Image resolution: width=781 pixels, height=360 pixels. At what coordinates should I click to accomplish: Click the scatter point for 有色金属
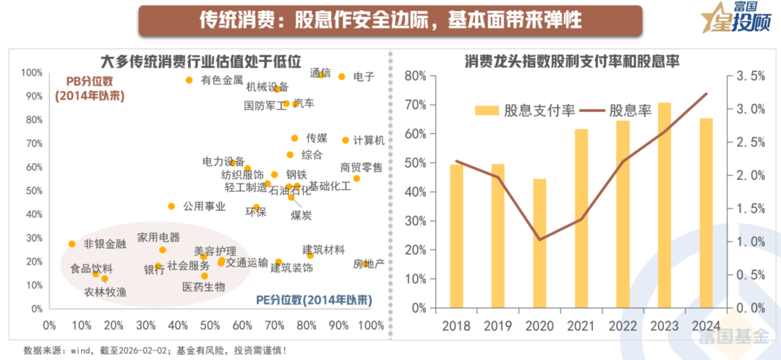point(189,80)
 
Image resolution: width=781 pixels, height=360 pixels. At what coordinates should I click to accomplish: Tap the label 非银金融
point(105,244)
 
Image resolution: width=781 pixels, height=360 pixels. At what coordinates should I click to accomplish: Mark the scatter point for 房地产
point(365,264)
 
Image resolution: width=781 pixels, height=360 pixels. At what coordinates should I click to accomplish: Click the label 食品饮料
point(92,269)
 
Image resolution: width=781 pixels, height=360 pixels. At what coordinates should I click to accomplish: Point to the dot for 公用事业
point(171,206)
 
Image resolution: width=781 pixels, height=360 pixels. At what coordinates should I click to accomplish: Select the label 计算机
point(369,140)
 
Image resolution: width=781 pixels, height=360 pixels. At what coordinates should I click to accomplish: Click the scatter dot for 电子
point(341,77)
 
